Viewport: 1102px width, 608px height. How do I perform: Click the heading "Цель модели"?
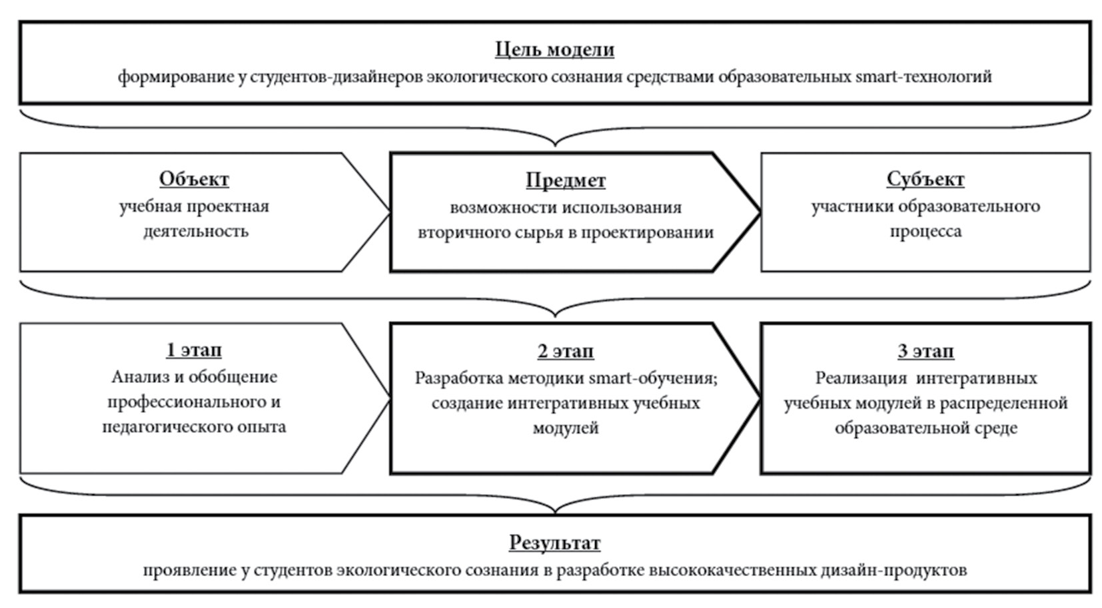(x=554, y=49)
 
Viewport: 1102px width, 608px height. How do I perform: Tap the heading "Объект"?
(x=194, y=179)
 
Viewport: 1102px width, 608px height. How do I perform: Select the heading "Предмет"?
(x=566, y=180)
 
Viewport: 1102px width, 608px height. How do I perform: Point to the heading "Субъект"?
(x=925, y=179)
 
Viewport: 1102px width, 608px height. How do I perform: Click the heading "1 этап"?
(x=194, y=350)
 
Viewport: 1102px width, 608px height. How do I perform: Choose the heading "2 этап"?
(x=566, y=352)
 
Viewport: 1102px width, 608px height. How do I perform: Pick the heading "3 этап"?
(x=925, y=352)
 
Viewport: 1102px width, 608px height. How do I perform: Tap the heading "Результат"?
(x=554, y=543)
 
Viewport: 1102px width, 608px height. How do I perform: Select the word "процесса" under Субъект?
(x=925, y=232)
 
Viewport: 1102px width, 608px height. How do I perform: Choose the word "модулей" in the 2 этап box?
(x=566, y=428)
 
